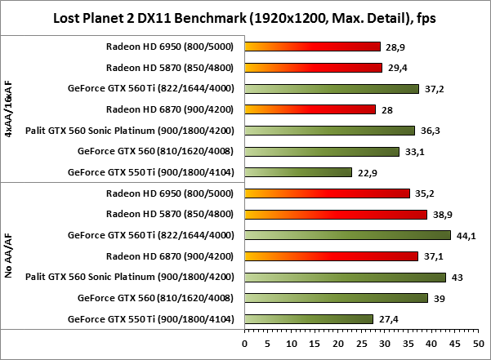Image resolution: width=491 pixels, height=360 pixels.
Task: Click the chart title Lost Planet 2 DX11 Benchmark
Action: click(244, 17)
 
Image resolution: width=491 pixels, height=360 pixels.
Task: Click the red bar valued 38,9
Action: click(335, 214)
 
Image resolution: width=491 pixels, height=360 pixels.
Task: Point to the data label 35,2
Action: click(424, 193)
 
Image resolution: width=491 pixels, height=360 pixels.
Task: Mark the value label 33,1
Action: click(413, 151)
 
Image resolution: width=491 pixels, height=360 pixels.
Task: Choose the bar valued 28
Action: click(310, 109)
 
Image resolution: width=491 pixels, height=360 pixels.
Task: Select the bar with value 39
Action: click(336, 298)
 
